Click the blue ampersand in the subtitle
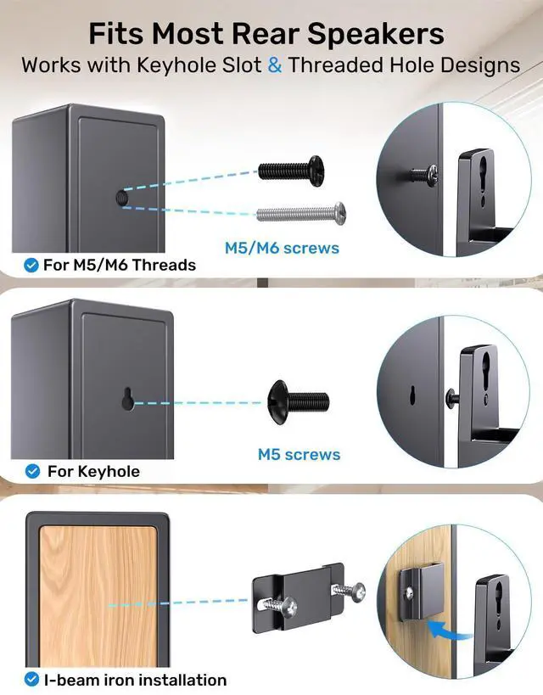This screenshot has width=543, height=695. pyautogui.click(x=275, y=65)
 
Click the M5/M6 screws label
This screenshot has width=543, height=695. pyautogui.click(x=282, y=248)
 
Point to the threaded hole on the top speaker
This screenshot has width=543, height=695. pyautogui.click(x=120, y=199)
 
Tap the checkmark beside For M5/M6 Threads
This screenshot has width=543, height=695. pyautogui.click(x=31, y=266)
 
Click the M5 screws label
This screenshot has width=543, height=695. pyautogui.click(x=299, y=455)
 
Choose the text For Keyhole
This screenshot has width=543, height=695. pyautogui.click(x=93, y=471)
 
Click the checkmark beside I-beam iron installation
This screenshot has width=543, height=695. pyautogui.click(x=31, y=679)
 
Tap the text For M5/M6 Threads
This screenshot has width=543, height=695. pyautogui.click(x=119, y=266)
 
